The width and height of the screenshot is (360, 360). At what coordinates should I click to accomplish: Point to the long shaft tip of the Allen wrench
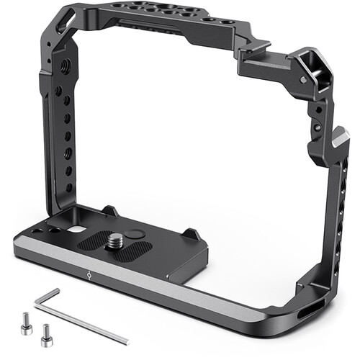125,341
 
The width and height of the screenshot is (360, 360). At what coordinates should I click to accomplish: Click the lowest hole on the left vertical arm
69,185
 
